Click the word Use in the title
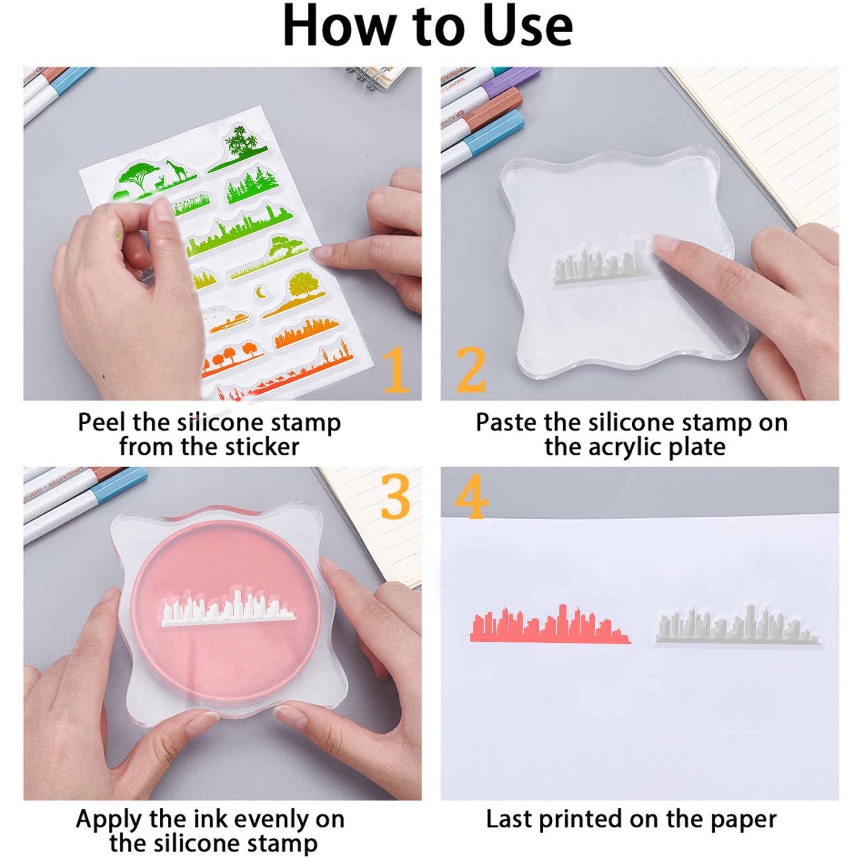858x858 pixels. pos(528,26)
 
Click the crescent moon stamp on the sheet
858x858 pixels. pos(262,292)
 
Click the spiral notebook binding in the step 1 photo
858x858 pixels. pos(370,77)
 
